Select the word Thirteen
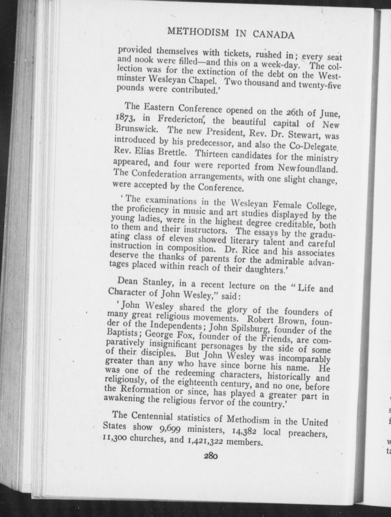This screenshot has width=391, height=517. point(211,155)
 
